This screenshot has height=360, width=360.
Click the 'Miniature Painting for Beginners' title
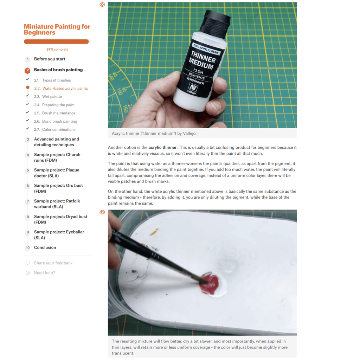coord(57,30)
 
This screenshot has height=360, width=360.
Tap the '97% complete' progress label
coord(57,49)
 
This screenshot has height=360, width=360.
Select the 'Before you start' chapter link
coord(50,59)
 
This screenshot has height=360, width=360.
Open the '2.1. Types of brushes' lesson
coord(52,80)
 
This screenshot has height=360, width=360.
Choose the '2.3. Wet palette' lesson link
coord(48,97)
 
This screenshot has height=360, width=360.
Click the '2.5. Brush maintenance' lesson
coord(54,113)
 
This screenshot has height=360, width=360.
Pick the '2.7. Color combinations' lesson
coord(54,129)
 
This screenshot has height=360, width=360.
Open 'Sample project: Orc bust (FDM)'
coord(58,188)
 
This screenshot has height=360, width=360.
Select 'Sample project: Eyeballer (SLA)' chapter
coord(59,234)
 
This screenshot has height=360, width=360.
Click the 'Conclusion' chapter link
coord(45,247)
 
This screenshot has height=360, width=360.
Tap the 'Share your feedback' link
coord(53,263)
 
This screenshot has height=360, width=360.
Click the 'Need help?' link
coord(44,273)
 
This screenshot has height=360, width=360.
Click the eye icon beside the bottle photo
coord(102,4)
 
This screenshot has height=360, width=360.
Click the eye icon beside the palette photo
coord(102,212)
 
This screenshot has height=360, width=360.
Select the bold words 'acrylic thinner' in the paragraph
coord(163,147)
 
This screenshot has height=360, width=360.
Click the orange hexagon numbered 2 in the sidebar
coord(27,70)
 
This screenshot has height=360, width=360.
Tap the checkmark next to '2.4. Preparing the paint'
coord(27,104)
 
